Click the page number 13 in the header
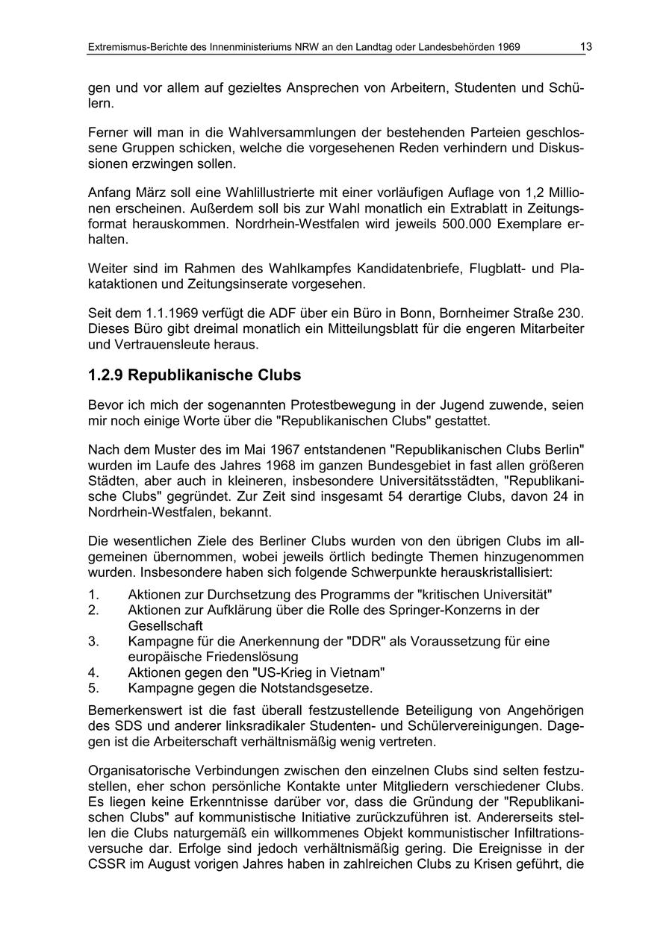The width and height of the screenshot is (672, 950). pyautogui.click(x=586, y=47)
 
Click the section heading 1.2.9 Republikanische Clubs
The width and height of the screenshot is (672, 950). pyautogui.click(x=194, y=374)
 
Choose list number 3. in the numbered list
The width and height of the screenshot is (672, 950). pyautogui.click(x=93, y=641)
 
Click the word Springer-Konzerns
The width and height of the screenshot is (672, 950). pyautogui.click(x=457, y=610)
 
